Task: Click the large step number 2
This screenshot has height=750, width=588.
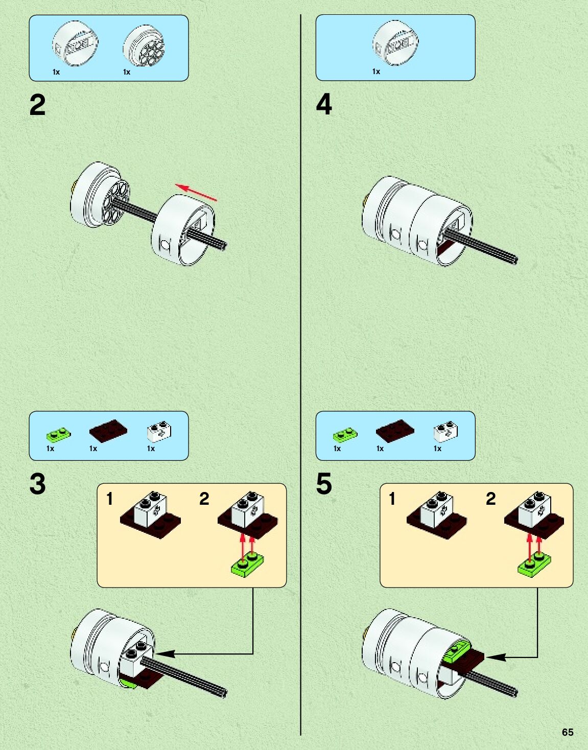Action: [37, 105]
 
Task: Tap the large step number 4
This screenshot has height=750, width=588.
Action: [324, 104]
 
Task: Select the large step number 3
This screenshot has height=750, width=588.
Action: [37, 483]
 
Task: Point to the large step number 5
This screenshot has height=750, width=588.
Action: [324, 483]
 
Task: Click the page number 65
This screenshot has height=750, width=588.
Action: [568, 732]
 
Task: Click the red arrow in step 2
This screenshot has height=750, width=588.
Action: [196, 192]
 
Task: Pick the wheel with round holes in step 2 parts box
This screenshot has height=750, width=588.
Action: [144, 46]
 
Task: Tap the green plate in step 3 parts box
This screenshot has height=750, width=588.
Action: [58, 434]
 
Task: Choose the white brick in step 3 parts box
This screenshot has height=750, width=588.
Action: [159, 431]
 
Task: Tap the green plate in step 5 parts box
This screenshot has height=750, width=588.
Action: [345, 434]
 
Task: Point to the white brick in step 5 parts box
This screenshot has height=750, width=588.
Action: [445, 431]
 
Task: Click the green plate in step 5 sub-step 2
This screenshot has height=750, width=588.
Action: [534, 565]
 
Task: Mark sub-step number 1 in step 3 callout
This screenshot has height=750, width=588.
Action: [109, 498]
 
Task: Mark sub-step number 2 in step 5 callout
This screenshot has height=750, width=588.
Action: [490, 498]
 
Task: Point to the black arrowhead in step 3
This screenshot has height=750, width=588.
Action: [166, 653]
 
